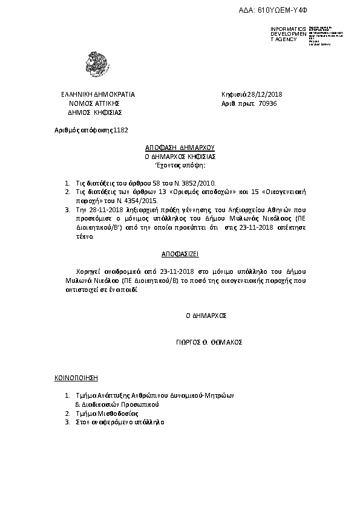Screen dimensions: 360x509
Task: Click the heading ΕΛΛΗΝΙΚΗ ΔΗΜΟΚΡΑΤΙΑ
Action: click(99, 95)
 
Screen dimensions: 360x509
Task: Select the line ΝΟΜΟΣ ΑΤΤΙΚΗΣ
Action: click(98, 104)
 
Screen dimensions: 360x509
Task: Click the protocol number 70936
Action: click(267, 104)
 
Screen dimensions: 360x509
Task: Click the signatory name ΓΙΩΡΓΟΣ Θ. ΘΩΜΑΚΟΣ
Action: click(206, 342)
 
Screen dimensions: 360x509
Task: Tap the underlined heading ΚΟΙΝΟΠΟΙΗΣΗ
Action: click(76, 377)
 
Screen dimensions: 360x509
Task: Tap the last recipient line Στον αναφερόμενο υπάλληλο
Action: click(119, 423)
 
